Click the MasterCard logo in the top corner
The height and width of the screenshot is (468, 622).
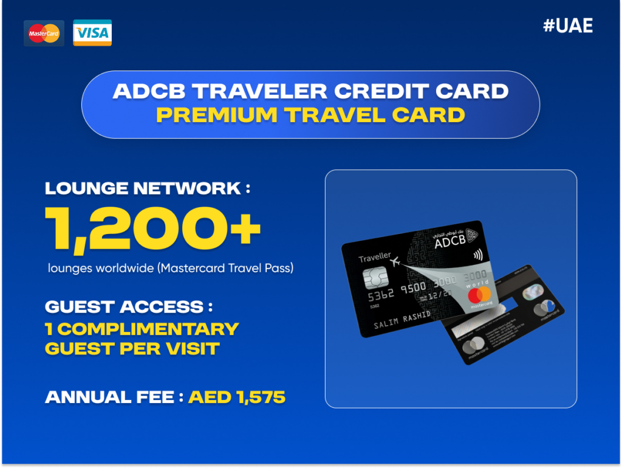point(44,33)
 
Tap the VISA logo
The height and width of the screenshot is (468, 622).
point(92,33)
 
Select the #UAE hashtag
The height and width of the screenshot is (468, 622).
point(567,26)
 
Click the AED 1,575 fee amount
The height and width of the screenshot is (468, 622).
point(237,397)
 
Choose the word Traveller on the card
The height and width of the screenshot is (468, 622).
point(375,258)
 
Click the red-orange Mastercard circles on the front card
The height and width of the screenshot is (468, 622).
point(481,296)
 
